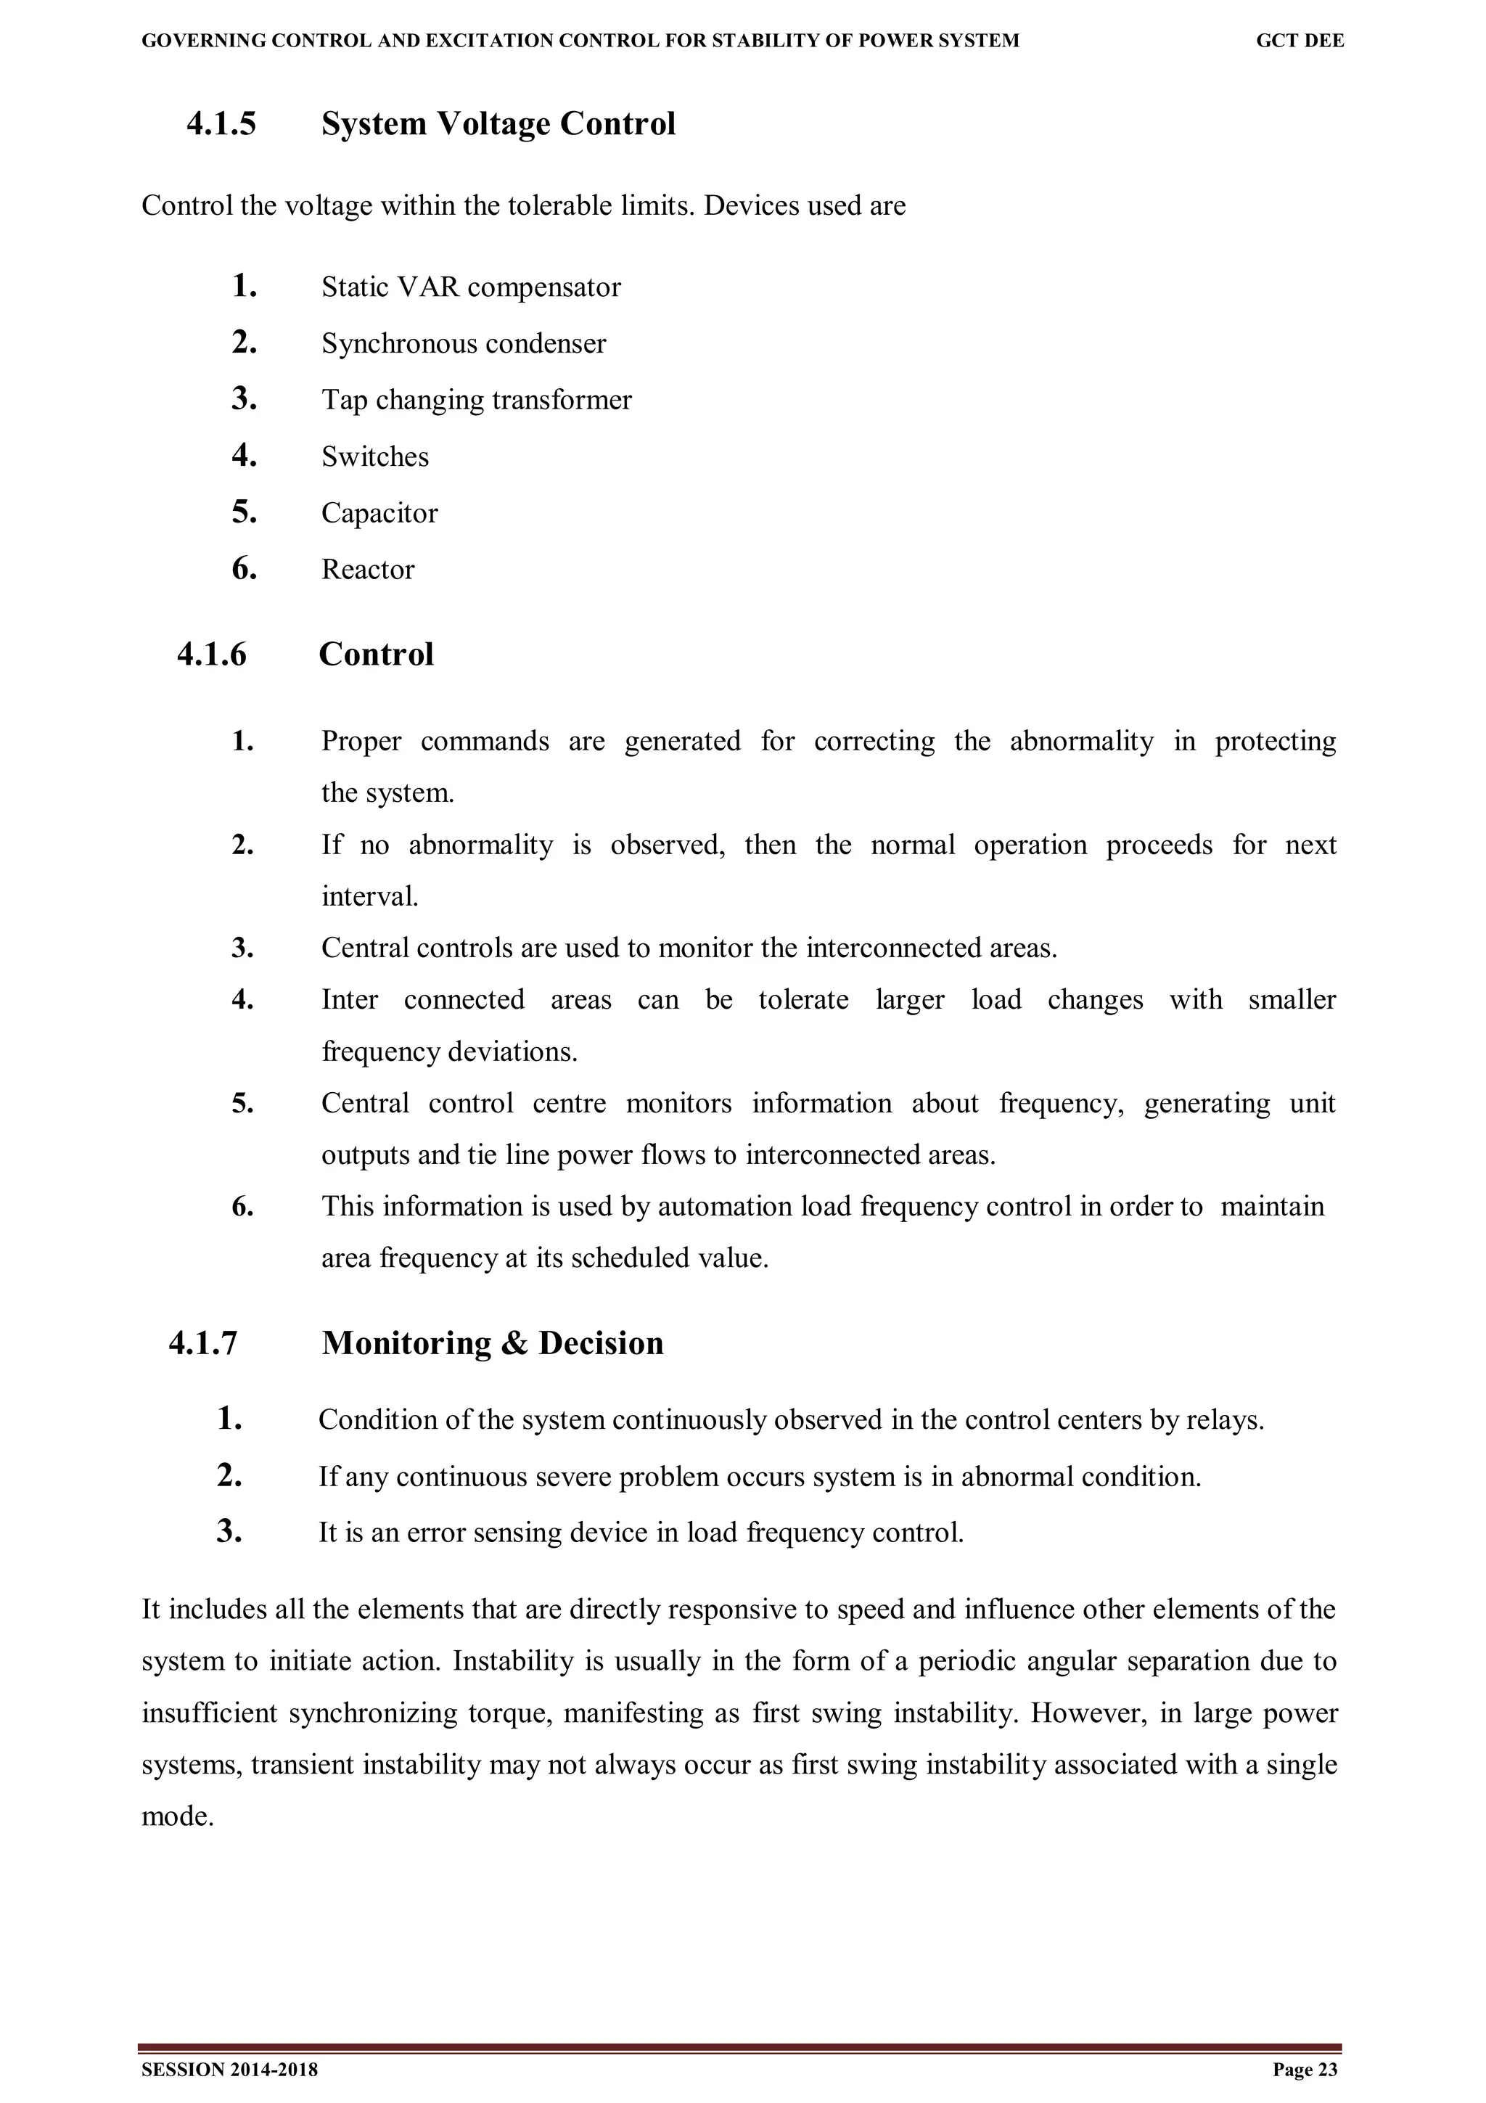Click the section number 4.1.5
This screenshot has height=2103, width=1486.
221,123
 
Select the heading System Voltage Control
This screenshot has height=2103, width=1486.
498,123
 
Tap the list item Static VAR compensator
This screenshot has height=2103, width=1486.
471,287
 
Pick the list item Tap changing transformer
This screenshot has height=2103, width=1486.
476,401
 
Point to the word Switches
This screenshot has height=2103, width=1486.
374,456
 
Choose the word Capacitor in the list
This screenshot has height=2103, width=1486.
379,513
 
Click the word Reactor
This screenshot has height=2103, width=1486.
367,570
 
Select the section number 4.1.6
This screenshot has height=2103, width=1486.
211,654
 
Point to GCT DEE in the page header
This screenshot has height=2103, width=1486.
1300,41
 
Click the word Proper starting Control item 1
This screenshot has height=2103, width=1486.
361,741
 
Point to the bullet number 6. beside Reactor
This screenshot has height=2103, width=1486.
244,570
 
